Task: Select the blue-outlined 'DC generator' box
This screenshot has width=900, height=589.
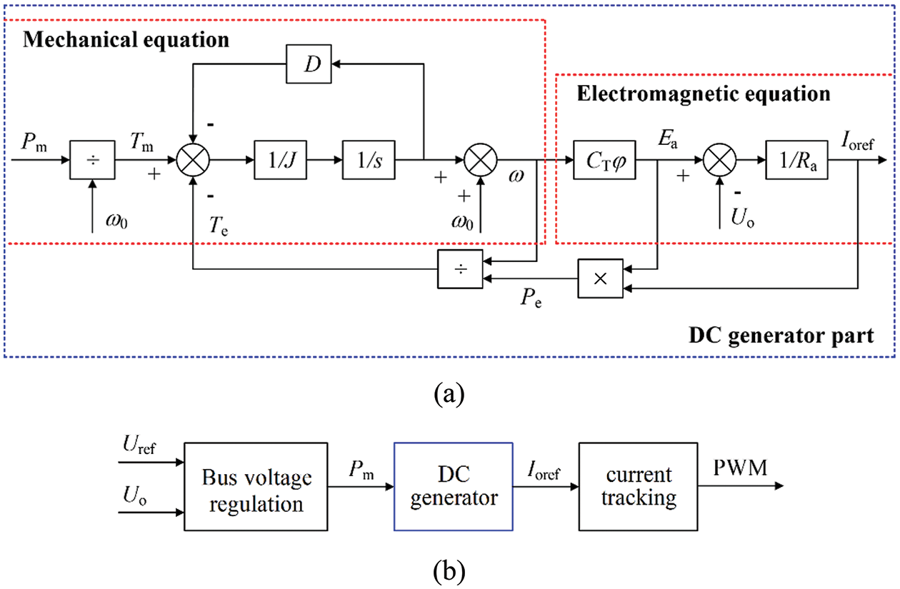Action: (x=453, y=486)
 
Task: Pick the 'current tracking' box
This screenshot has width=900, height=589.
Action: (x=637, y=486)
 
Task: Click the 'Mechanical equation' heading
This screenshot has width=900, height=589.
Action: (x=126, y=39)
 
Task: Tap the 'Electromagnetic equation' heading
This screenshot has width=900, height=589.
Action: (x=704, y=94)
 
